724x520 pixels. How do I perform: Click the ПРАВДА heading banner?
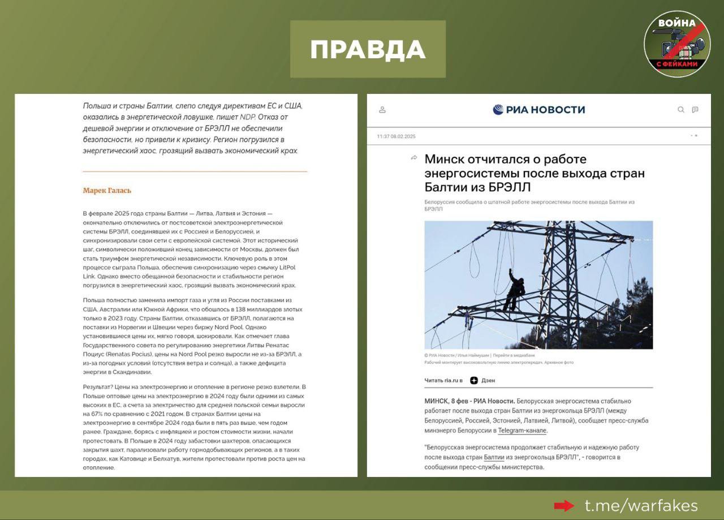point(368,49)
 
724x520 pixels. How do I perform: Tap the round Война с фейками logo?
point(676,44)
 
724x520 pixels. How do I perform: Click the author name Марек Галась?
point(107,191)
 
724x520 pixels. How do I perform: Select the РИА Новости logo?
point(538,110)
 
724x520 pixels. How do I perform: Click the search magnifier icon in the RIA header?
point(681,110)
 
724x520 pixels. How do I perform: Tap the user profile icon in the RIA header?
point(382,110)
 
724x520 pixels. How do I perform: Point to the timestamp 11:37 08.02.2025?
point(396,136)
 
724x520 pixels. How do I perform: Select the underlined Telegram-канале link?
point(522,431)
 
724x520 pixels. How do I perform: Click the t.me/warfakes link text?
point(641,505)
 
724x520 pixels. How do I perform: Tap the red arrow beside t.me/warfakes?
point(563,505)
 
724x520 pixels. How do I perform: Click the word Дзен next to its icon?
point(488,381)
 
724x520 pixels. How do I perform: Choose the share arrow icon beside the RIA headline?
point(413,158)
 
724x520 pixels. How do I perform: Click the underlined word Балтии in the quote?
point(494,457)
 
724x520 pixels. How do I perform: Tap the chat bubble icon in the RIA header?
point(695,110)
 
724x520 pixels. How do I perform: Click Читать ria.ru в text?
point(443,381)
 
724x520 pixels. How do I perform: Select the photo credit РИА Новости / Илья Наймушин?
point(458,355)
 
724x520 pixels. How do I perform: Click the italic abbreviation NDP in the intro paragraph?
point(248,117)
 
